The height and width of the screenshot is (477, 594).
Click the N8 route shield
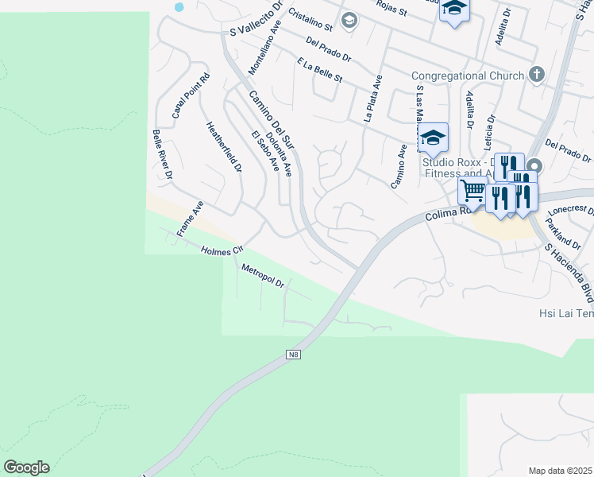(294, 355)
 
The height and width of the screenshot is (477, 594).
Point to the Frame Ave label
(191, 219)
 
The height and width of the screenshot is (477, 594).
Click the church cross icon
(537, 75)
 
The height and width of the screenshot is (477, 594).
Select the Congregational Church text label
(468, 76)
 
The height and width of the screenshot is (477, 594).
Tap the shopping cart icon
(472, 190)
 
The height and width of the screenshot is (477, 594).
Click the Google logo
(26, 467)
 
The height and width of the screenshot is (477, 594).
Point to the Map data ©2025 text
(561, 471)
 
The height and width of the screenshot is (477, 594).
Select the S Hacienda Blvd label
(568, 272)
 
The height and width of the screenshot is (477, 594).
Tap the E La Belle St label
(319, 70)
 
